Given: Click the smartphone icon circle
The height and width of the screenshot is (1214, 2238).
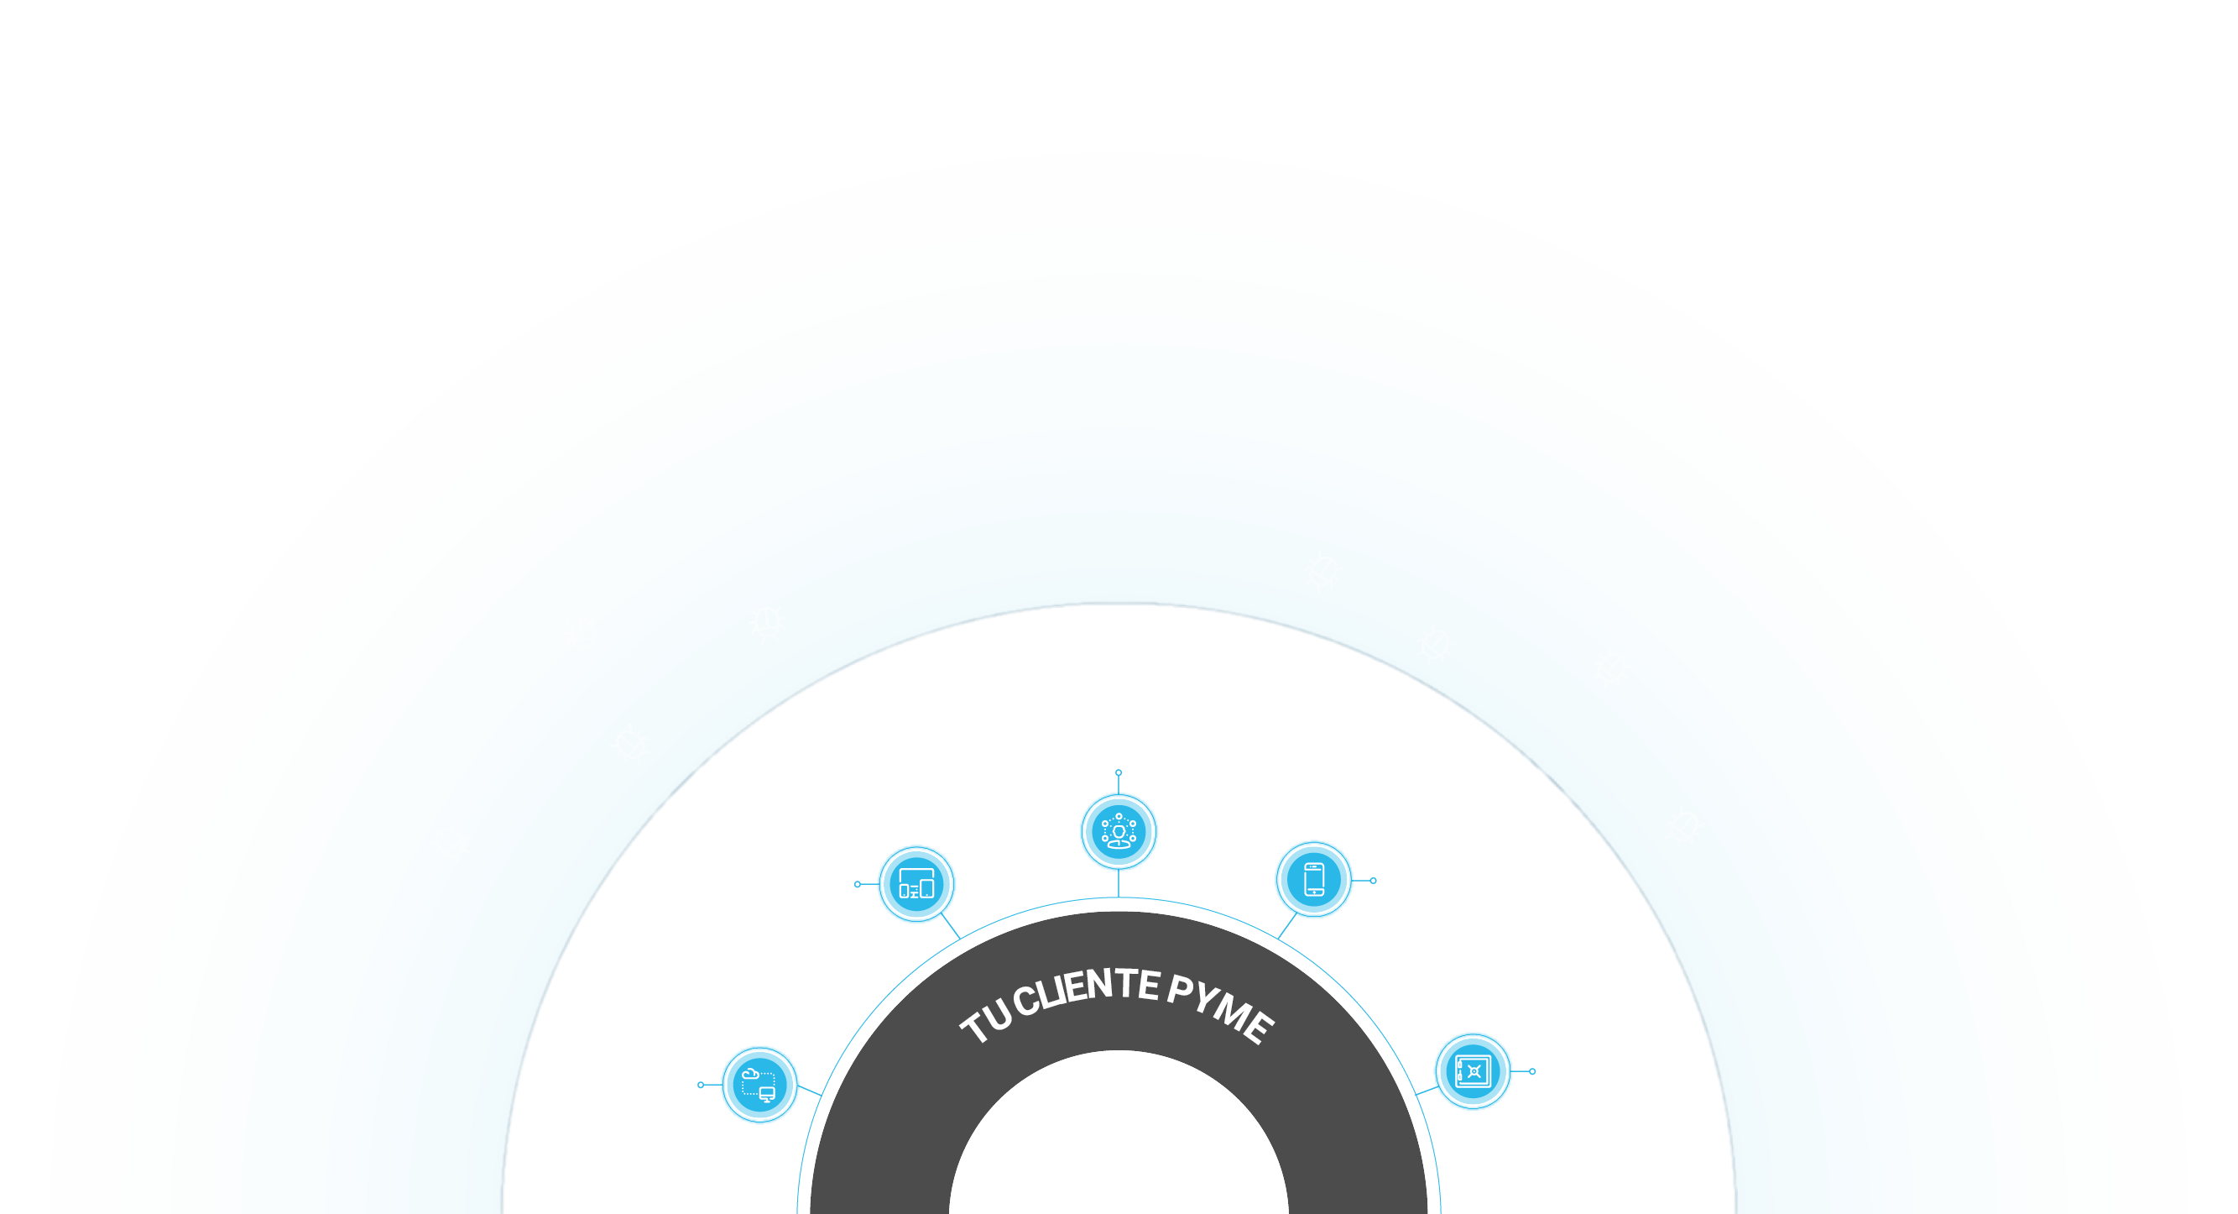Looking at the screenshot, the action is (x=1313, y=879).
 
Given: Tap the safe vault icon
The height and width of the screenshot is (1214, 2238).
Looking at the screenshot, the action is (x=1474, y=1071).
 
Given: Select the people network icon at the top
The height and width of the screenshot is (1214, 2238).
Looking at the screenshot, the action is (x=1119, y=832).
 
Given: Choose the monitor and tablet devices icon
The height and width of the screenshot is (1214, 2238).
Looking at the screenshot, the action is (x=916, y=885).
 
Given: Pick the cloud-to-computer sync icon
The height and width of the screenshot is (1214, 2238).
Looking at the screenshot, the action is (x=760, y=1085).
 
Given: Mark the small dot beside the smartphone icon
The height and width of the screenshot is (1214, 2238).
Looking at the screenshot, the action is (x=1374, y=882).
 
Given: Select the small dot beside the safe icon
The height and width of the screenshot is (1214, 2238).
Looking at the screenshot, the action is (x=1532, y=1071).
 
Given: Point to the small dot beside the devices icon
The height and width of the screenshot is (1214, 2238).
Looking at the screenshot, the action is (x=858, y=885).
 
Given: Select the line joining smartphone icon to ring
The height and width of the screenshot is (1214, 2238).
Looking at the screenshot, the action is (x=1287, y=925).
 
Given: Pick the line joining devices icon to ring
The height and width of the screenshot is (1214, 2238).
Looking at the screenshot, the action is (x=951, y=926).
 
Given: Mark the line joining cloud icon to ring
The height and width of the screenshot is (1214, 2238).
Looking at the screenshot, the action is (x=810, y=1091).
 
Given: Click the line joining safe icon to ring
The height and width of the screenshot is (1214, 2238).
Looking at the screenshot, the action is (x=1427, y=1091).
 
